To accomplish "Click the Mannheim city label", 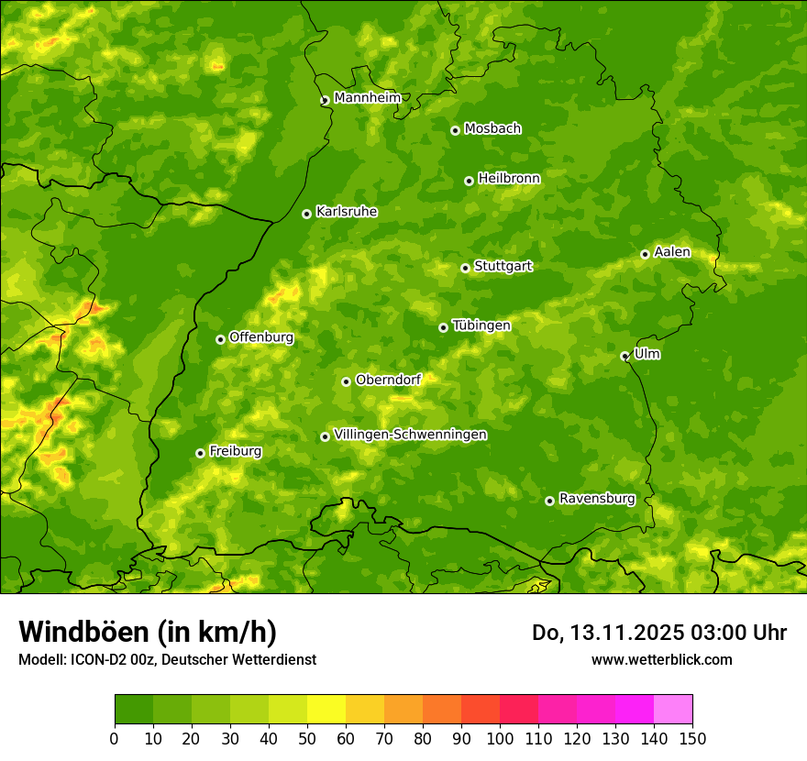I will click(x=367, y=98).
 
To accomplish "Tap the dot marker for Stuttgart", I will click(x=465, y=268).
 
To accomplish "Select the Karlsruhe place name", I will click(x=346, y=212).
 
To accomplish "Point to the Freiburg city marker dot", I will click(x=200, y=453).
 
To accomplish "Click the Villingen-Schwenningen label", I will click(x=410, y=435).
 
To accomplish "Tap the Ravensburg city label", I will click(x=596, y=499).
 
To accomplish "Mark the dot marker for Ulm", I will click(x=625, y=356).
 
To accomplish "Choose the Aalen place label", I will click(x=671, y=252).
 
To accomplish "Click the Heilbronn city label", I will click(x=509, y=179).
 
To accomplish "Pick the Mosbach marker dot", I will click(x=455, y=130).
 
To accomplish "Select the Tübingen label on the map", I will click(x=481, y=325).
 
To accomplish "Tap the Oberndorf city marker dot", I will click(x=346, y=381).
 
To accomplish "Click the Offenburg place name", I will click(x=260, y=337).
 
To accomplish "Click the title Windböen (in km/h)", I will click(x=148, y=632).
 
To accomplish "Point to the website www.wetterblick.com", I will click(x=661, y=659).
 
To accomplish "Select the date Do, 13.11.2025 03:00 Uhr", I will click(x=658, y=633).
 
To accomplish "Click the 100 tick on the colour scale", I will click(x=500, y=738).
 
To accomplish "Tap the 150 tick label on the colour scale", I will click(x=692, y=738).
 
